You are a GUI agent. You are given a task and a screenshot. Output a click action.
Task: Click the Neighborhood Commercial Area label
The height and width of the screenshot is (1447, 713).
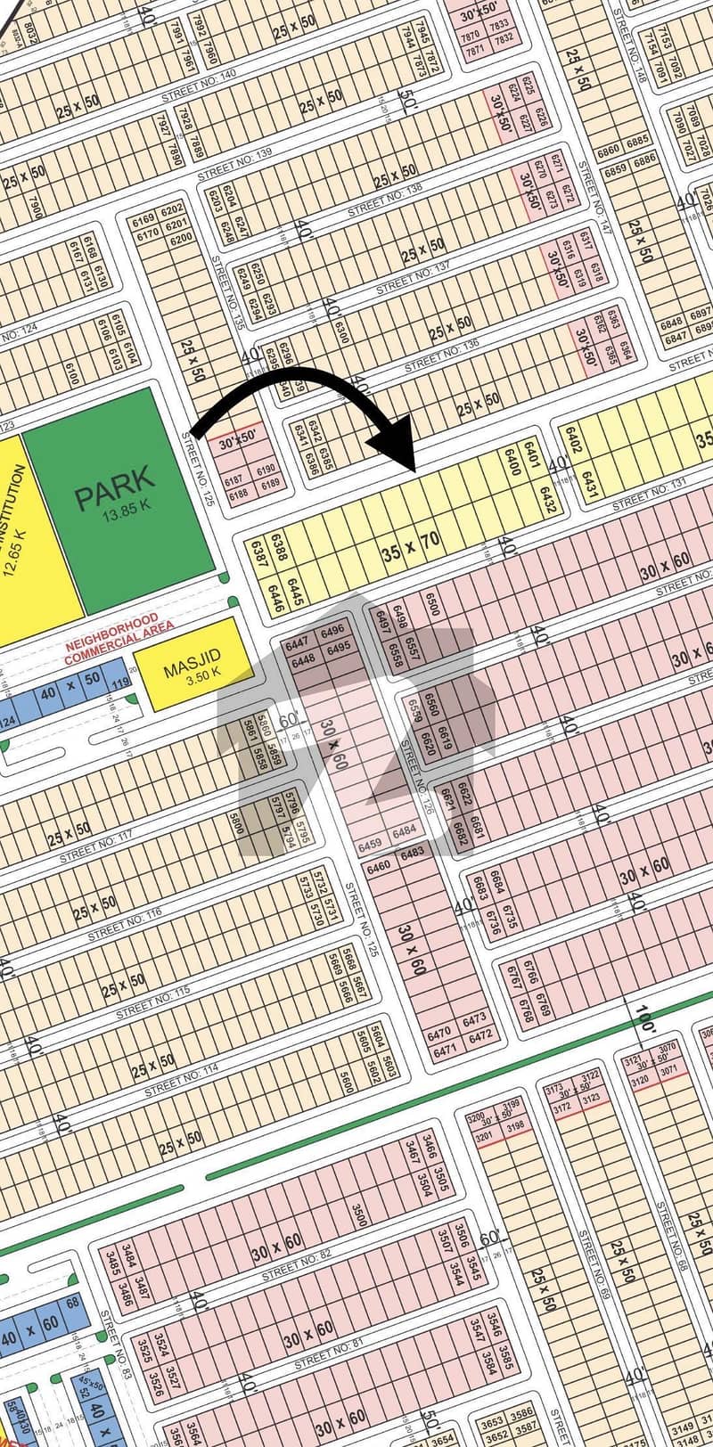(x=111, y=625)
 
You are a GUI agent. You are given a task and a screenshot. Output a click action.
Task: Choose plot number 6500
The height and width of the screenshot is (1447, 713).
(x=434, y=606)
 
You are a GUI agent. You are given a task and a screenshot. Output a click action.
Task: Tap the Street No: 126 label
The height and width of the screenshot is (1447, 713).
(x=415, y=771)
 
